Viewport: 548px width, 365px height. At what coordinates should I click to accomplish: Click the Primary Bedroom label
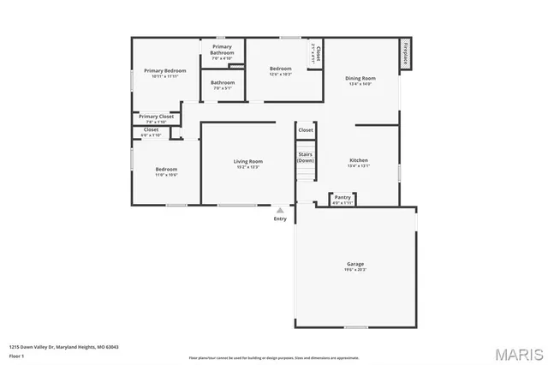click(x=164, y=70)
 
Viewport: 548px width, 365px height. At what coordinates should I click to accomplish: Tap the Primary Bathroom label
click(x=223, y=50)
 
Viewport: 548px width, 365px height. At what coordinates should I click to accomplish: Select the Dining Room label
click(x=361, y=78)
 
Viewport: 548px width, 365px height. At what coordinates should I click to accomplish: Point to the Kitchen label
click(x=359, y=160)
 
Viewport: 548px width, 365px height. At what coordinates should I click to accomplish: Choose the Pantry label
click(x=342, y=197)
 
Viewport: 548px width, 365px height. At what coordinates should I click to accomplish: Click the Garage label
click(x=355, y=264)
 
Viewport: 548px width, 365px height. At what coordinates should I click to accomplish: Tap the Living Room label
click(x=248, y=161)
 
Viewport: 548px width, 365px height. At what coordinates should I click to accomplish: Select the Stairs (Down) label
click(x=306, y=157)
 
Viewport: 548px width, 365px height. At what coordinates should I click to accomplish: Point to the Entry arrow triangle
click(x=280, y=210)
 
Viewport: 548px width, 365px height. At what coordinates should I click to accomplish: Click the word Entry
click(x=280, y=219)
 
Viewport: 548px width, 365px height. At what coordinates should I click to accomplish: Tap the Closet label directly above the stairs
click(x=306, y=129)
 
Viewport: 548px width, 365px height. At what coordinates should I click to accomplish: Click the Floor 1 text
click(x=17, y=355)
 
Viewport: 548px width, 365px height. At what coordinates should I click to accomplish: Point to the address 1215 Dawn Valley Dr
click(x=63, y=347)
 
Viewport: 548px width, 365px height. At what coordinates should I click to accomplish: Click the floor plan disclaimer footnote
click(x=274, y=357)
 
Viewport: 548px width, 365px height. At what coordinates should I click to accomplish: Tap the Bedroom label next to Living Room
click(x=166, y=170)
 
